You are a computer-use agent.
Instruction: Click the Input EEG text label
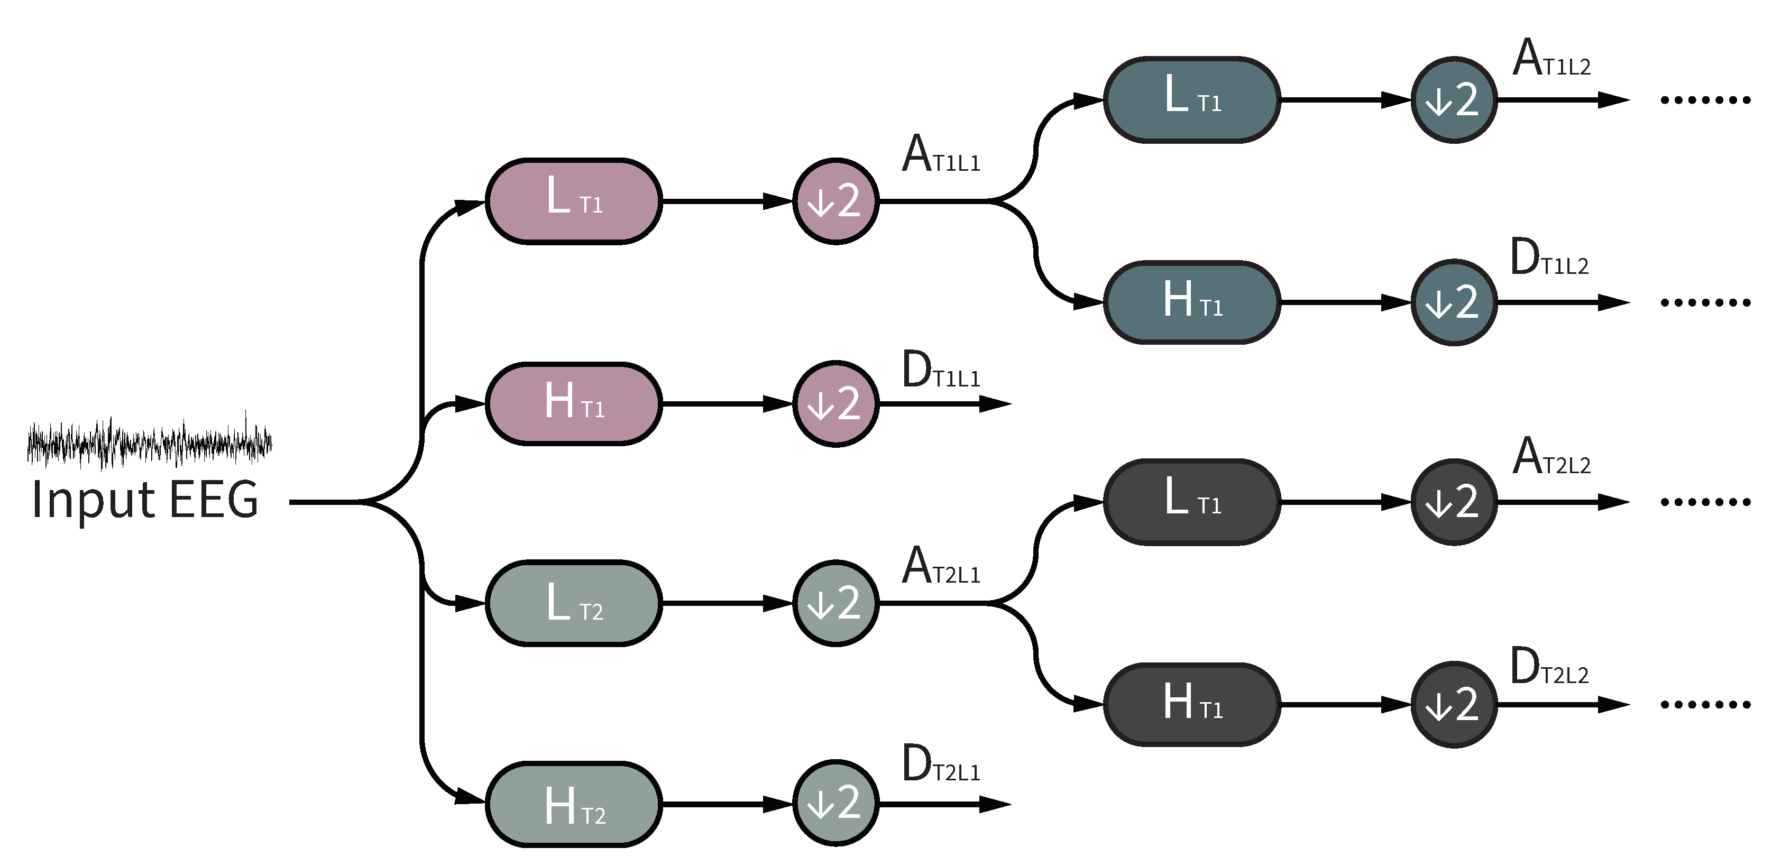(x=145, y=499)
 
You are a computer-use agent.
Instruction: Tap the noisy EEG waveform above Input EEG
(x=149, y=443)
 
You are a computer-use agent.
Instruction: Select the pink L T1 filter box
(x=573, y=201)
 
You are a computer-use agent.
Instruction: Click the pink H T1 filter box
(x=573, y=403)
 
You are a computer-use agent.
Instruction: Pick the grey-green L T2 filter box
(x=573, y=603)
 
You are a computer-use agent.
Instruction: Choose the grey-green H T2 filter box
(x=573, y=805)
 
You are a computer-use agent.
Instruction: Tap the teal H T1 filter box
(x=1191, y=302)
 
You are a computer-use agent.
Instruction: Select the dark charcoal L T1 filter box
(x=1191, y=502)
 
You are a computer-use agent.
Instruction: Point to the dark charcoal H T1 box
(x=1191, y=704)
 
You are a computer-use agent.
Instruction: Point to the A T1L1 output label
(x=940, y=155)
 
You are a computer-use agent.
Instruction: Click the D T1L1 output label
(x=940, y=371)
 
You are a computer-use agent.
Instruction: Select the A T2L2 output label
(x=1551, y=457)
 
